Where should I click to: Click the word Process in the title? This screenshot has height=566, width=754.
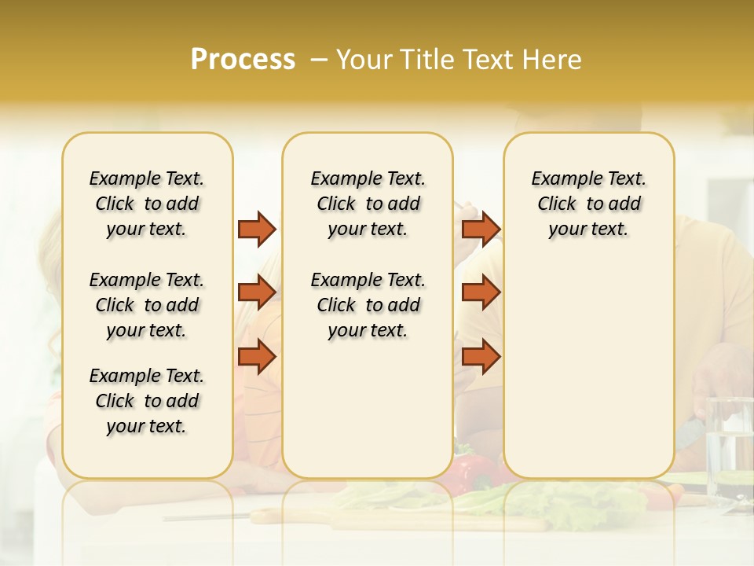243,60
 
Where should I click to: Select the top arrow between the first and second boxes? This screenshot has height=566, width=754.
257,229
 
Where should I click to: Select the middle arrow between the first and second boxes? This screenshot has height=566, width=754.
257,292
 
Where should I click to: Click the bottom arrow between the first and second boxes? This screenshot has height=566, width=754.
257,356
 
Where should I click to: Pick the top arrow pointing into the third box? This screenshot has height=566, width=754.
481,229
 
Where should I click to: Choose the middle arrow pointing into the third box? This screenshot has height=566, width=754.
481,292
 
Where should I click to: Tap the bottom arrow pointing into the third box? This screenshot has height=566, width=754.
481,356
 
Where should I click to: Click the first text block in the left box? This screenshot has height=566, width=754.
147,204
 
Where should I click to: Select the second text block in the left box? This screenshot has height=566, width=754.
147,305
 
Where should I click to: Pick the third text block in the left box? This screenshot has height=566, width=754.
147,401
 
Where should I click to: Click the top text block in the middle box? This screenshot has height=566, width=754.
368,204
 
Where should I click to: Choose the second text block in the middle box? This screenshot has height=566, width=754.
368,305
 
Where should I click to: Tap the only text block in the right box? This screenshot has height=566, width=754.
588,204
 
